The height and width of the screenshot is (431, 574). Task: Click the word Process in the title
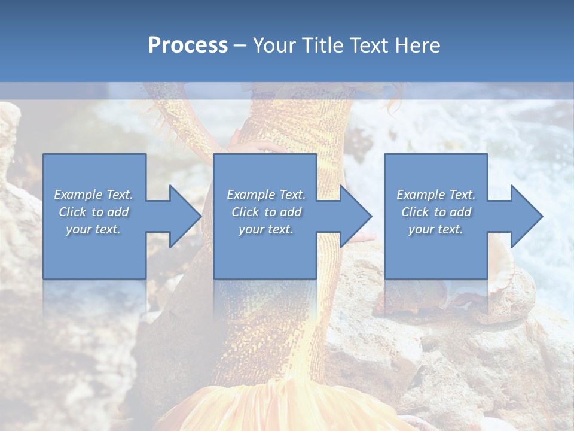[188, 45]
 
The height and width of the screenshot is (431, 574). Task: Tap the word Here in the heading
[417, 45]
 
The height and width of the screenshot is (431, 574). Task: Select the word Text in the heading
[371, 45]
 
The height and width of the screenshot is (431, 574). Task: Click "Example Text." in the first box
[94, 195]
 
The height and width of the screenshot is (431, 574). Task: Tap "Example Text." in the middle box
[266, 195]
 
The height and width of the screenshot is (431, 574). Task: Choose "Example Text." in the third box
[436, 195]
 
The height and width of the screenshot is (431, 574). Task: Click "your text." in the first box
[93, 229]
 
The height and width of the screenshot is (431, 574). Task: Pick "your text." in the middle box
[265, 229]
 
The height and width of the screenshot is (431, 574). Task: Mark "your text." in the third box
[436, 229]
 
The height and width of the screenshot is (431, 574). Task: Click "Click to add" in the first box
[94, 212]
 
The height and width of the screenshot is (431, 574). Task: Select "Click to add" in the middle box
[266, 212]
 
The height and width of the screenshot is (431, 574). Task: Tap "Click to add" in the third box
[436, 212]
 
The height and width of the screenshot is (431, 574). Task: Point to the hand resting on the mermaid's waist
[251, 144]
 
